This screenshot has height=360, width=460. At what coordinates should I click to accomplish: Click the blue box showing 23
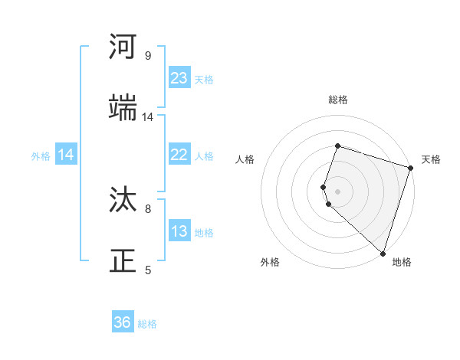(x=179, y=78)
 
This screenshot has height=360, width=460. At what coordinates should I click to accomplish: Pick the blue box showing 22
(x=179, y=155)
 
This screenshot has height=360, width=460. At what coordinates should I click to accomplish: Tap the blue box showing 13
(x=179, y=231)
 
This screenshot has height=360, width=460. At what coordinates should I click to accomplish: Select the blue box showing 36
(x=123, y=322)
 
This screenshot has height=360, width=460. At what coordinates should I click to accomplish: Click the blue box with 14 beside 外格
(x=66, y=155)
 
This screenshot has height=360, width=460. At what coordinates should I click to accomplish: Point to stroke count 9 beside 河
(x=148, y=56)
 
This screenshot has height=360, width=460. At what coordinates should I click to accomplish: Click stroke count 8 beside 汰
(x=148, y=208)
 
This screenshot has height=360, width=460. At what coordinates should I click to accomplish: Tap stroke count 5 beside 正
(x=148, y=270)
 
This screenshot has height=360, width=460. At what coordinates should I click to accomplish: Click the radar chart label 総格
(x=338, y=100)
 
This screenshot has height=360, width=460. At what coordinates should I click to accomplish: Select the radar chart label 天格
(x=431, y=159)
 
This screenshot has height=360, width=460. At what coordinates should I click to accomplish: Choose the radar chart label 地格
(x=402, y=262)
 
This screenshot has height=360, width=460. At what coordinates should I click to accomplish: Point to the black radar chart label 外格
(x=270, y=262)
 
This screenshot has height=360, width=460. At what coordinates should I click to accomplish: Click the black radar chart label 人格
(x=245, y=159)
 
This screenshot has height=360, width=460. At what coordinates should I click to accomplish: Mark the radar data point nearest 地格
(x=383, y=253)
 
